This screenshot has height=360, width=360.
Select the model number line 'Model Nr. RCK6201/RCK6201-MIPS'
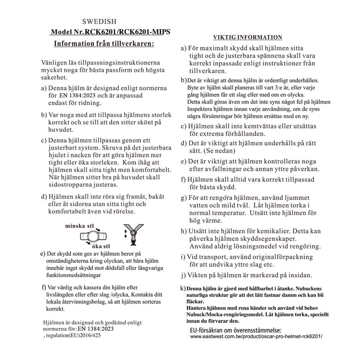tap(111, 32)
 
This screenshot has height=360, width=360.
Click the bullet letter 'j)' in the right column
tap(183, 274)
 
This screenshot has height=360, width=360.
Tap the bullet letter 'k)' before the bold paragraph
tap(183, 288)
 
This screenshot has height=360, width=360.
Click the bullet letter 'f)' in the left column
tap(43, 287)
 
